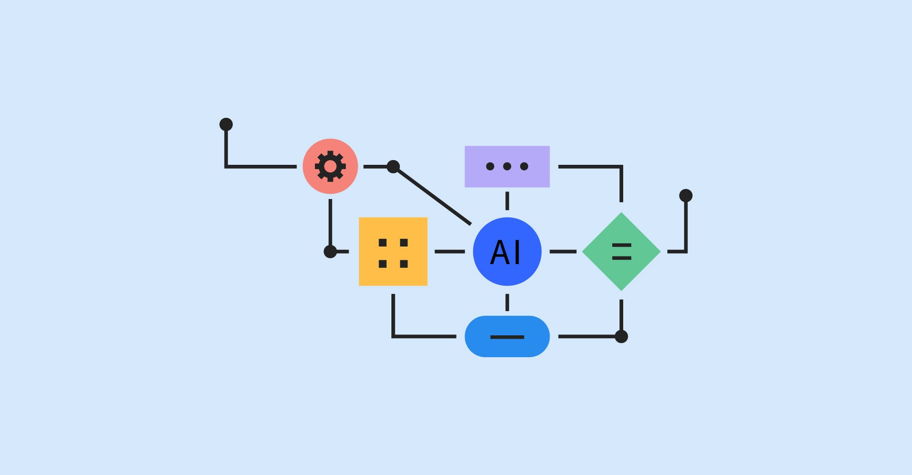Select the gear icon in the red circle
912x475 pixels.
(330, 166)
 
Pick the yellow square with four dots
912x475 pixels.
(393, 252)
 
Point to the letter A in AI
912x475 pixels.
(500, 252)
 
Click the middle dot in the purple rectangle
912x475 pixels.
(507, 166)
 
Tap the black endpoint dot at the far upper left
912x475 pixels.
(226, 124)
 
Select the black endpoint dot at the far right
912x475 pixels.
(686, 196)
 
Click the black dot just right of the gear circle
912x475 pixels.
(393, 167)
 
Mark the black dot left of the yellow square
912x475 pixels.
(330, 252)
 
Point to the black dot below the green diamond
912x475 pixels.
(621, 337)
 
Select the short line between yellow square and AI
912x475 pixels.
(449, 252)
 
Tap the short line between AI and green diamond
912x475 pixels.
(563, 252)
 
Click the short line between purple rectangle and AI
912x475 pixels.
(507, 201)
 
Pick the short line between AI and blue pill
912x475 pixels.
(507, 302)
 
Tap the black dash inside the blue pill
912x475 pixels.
(507, 337)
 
